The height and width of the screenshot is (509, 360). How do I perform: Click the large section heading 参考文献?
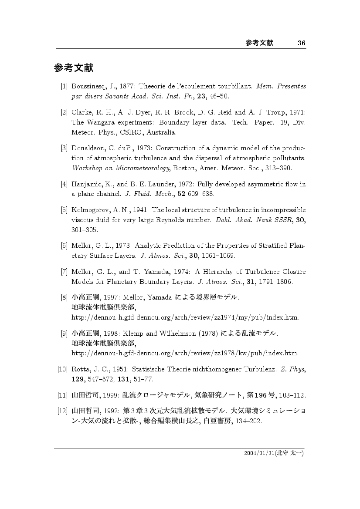[x=74, y=68]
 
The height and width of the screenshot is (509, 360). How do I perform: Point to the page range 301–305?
[x=85, y=229]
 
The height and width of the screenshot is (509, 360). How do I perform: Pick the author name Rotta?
[x=81, y=370]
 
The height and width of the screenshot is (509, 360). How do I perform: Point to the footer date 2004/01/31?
[x=256, y=453]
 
